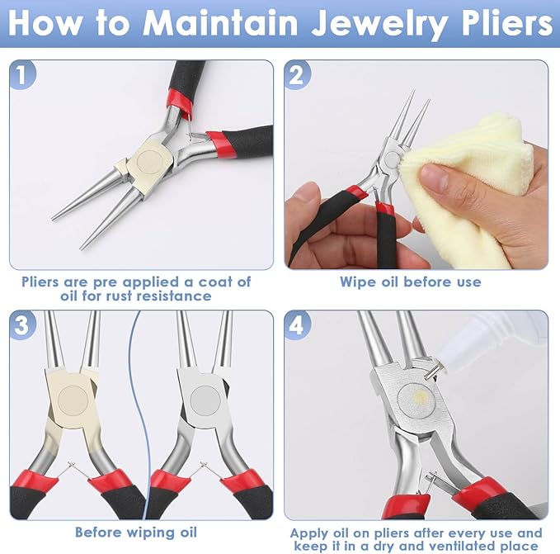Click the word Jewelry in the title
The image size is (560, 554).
click(x=379, y=24)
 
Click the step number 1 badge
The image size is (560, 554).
click(x=22, y=74)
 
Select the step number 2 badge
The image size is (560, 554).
click(x=297, y=74)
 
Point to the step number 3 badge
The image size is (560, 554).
click(x=22, y=325)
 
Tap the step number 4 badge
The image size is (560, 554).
click(x=297, y=325)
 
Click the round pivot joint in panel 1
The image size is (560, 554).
click(x=150, y=162)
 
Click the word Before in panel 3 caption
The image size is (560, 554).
click(x=98, y=533)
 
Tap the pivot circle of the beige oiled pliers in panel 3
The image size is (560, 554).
click(x=73, y=400)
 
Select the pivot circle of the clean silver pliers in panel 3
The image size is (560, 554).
click(x=205, y=400)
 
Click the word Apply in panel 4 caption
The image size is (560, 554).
click(x=309, y=534)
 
